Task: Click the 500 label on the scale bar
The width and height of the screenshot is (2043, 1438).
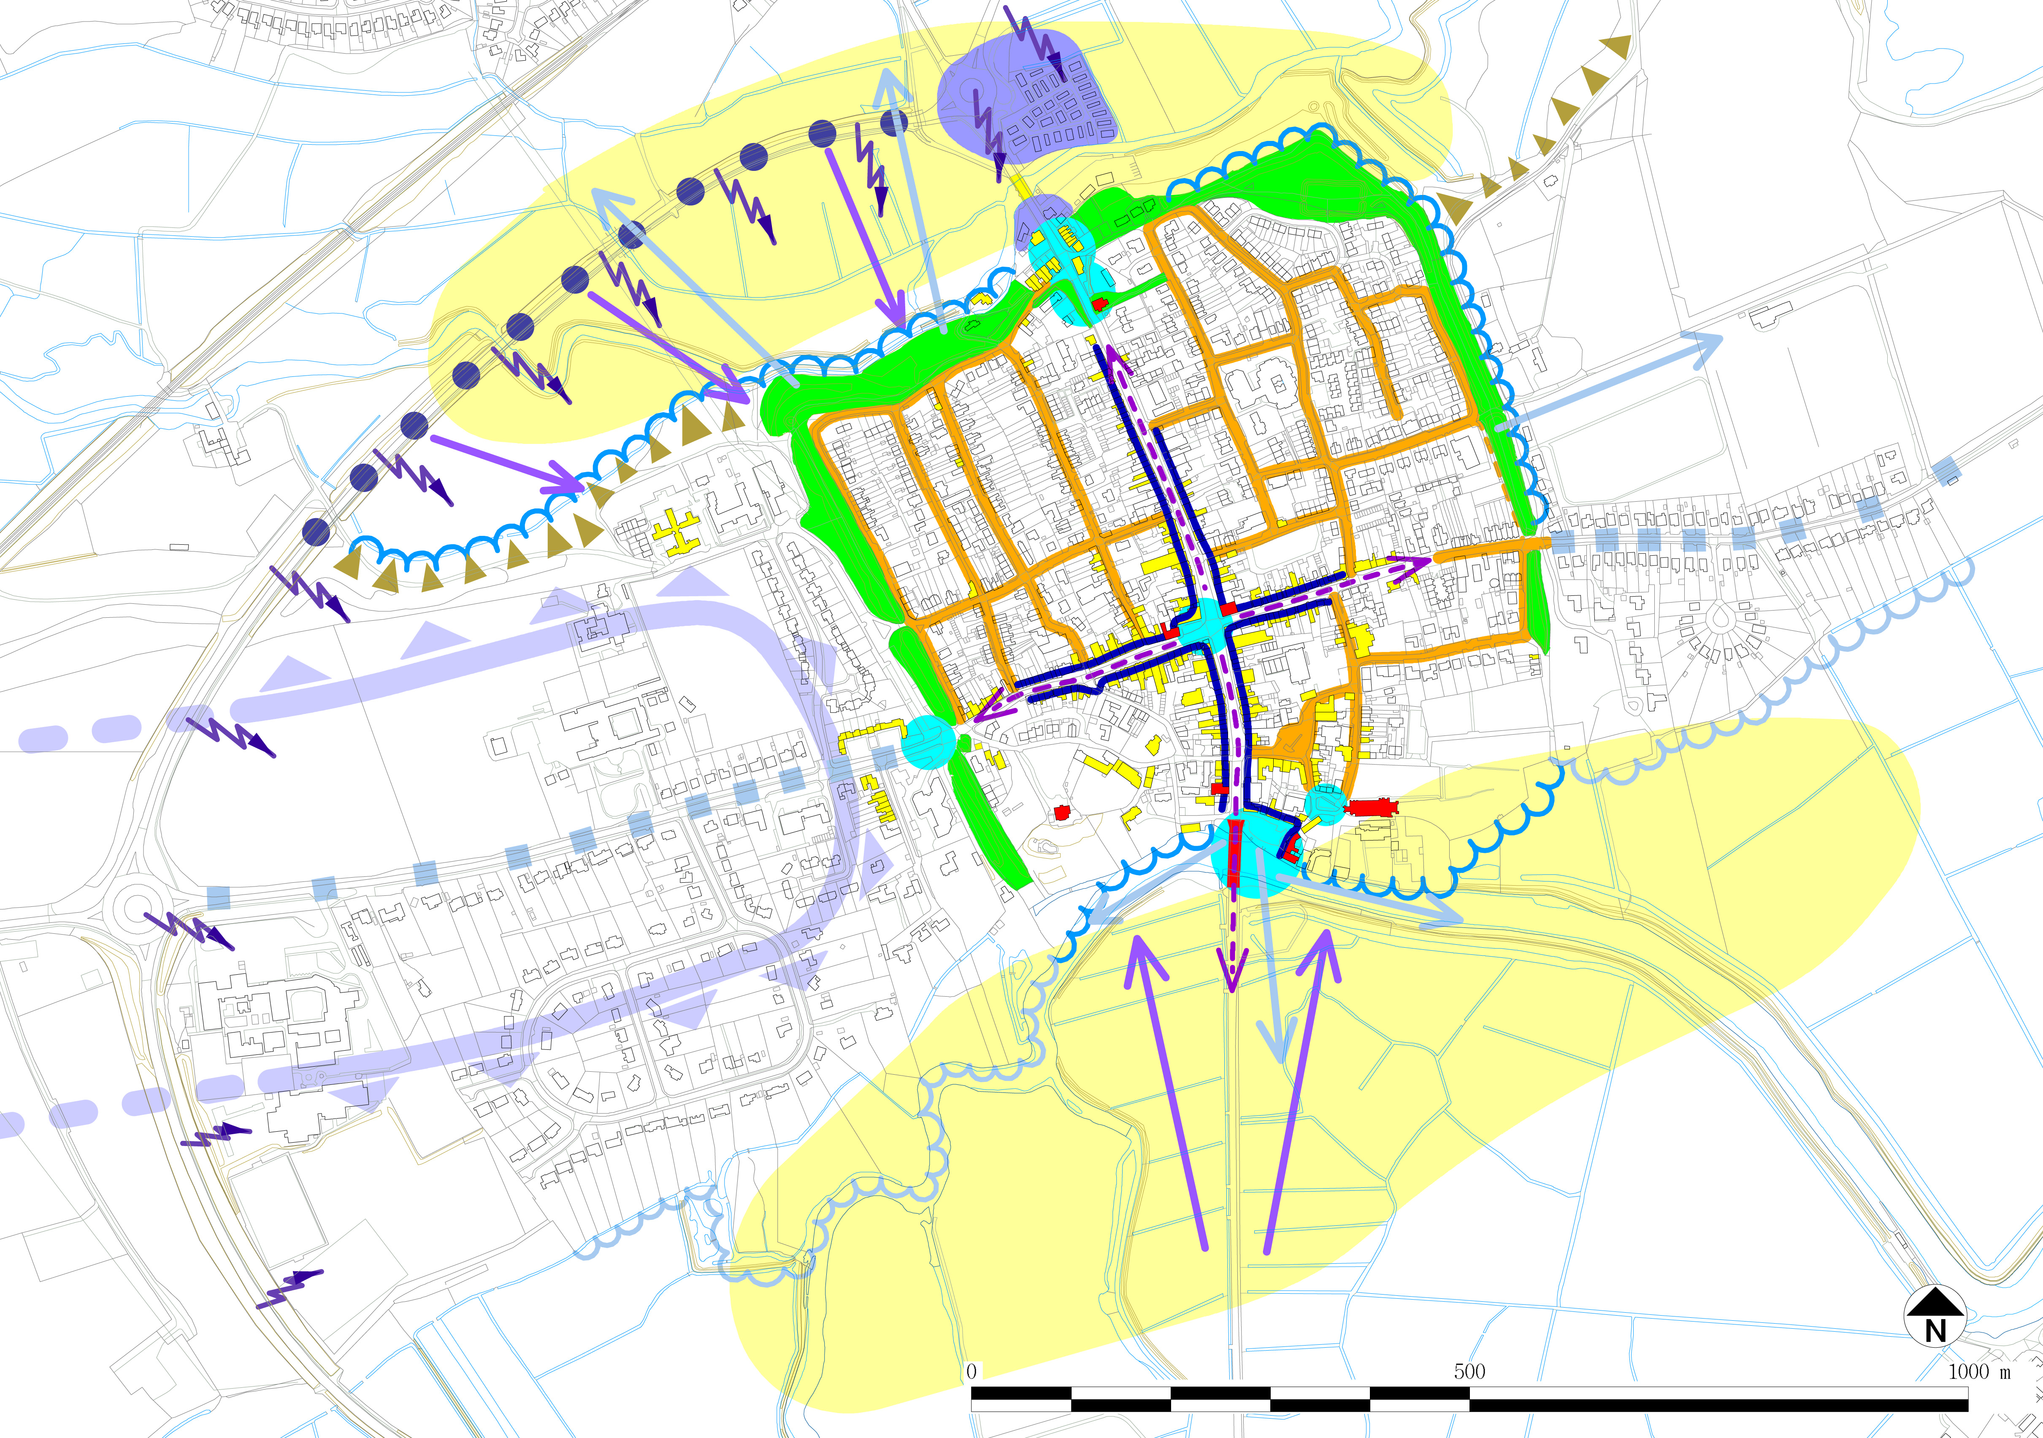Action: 1469,1371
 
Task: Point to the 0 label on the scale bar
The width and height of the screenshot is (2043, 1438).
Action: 971,1371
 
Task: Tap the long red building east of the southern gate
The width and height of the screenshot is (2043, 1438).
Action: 1371,807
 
